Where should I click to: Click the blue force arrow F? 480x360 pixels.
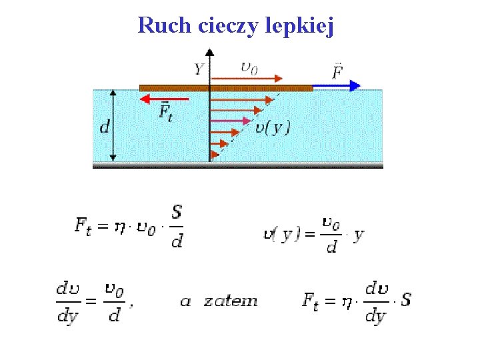coord(337,86)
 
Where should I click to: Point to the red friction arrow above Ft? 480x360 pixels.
coord(164,99)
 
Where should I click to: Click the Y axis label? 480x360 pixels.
coord(199,68)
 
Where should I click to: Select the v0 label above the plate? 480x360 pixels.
coord(249,67)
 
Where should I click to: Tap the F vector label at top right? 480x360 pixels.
coord(338,70)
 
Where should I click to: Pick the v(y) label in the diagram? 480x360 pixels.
coord(273,127)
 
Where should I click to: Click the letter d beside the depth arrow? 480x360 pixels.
coord(104,126)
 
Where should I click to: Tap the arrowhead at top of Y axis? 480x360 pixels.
coord(210,51)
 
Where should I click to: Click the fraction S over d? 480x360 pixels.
coord(177,226)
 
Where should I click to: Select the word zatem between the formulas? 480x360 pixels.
coord(230,301)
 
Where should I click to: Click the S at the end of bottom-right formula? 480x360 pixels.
coord(406,299)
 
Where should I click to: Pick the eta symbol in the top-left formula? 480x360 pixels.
coord(119,227)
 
